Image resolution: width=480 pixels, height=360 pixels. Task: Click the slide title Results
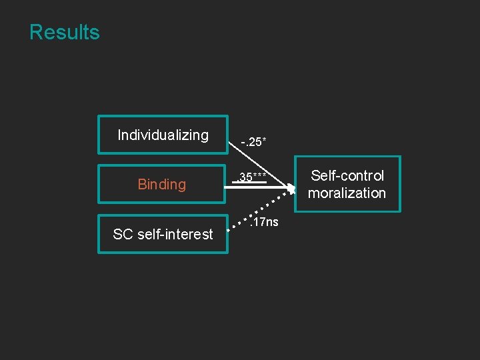coord(65,32)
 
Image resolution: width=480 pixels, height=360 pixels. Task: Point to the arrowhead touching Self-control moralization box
coord(291,189)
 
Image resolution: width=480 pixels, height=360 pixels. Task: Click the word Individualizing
coord(163,135)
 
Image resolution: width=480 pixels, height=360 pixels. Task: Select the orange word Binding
coord(162,185)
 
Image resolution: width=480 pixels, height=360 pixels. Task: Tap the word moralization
coord(347,193)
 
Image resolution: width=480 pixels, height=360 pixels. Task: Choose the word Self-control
coord(347,176)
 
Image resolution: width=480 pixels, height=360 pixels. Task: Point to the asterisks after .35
coord(261,175)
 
